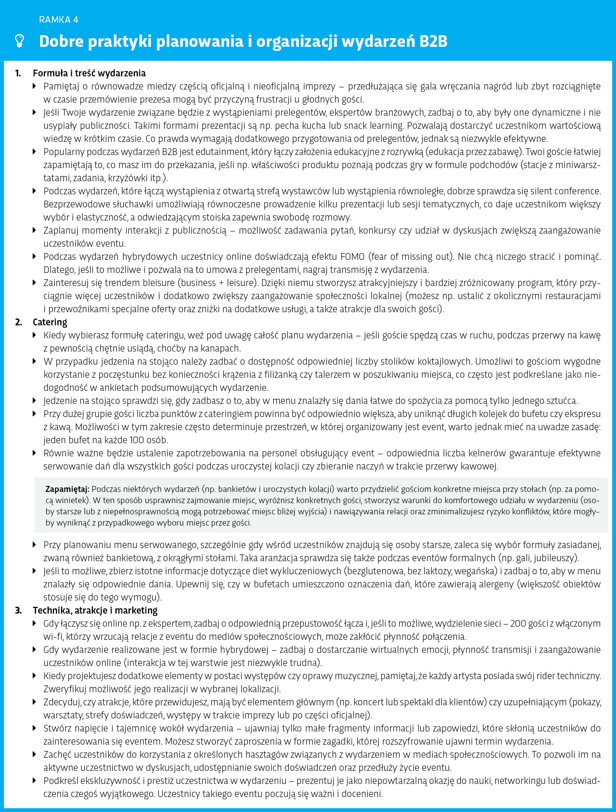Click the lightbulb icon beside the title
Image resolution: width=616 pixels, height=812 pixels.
19,41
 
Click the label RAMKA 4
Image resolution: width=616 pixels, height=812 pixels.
58,20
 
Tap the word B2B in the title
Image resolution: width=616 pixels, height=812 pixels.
434,41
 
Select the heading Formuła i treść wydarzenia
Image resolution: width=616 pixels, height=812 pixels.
89,73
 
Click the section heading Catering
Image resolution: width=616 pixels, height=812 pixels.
50,322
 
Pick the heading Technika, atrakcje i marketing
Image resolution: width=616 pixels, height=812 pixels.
95,610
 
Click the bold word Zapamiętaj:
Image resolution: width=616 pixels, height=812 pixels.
67,489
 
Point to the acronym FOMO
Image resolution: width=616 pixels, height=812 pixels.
352,256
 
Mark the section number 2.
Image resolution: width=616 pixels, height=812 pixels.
18,322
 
